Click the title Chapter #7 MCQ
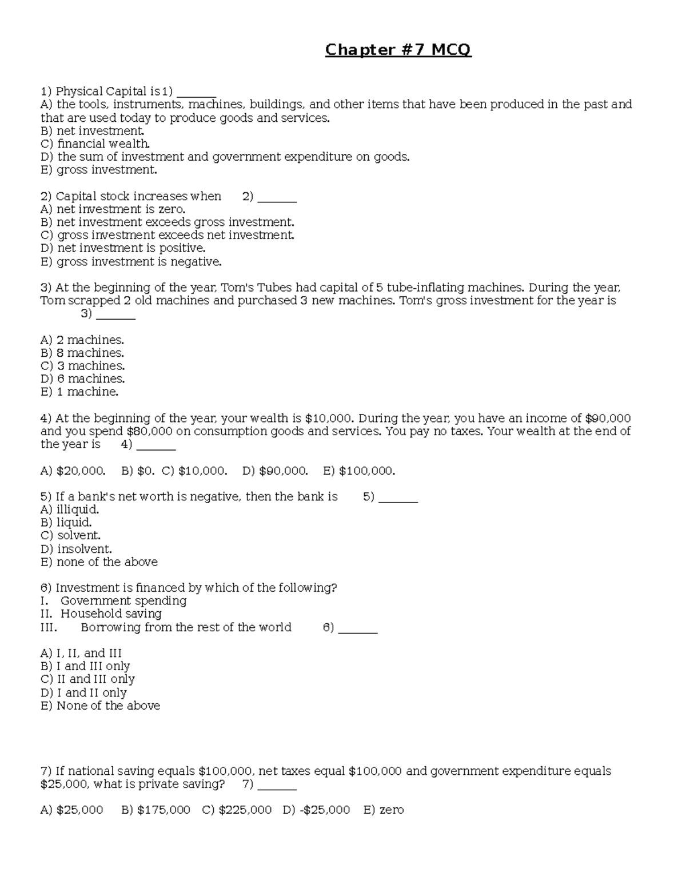(x=398, y=50)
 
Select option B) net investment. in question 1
(x=92, y=131)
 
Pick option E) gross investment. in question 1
(x=98, y=170)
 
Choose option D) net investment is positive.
(x=123, y=248)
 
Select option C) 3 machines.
(x=82, y=366)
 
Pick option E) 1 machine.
(x=79, y=392)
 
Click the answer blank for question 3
(x=115, y=314)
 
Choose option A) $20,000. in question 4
(x=73, y=471)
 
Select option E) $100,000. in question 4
(x=359, y=471)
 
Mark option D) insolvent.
(x=76, y=549)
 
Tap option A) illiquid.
(x=70, y=509)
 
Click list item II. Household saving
(x=101, y=614)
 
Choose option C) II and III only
(x=87, y=679)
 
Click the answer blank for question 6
(x=358, y=628)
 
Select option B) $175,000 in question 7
(x=155, y=810)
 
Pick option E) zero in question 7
(x=384, y=810)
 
